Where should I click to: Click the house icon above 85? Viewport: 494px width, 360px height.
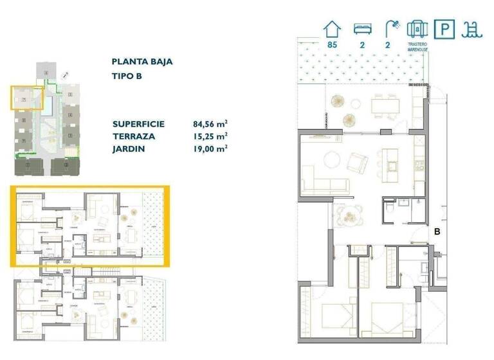(x=332, y=28)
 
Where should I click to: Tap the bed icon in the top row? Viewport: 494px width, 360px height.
(x=362, y=29)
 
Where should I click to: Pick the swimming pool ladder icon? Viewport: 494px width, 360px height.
(x=473, y=29)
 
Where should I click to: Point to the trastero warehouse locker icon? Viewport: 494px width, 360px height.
(x=417, y=30)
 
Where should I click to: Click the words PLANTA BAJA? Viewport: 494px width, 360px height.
(x=142, y=62)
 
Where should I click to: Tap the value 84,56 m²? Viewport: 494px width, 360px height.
(x=210, y=124)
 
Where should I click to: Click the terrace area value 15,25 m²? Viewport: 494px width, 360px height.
(x=210, y=136)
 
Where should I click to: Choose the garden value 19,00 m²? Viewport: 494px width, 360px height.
(x=210, y=148)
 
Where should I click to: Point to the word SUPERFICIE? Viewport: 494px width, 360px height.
(x=138, y=124)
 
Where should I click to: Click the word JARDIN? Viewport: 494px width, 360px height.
(x=127, y=148)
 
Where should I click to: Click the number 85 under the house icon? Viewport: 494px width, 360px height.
(x=332, y=45)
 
